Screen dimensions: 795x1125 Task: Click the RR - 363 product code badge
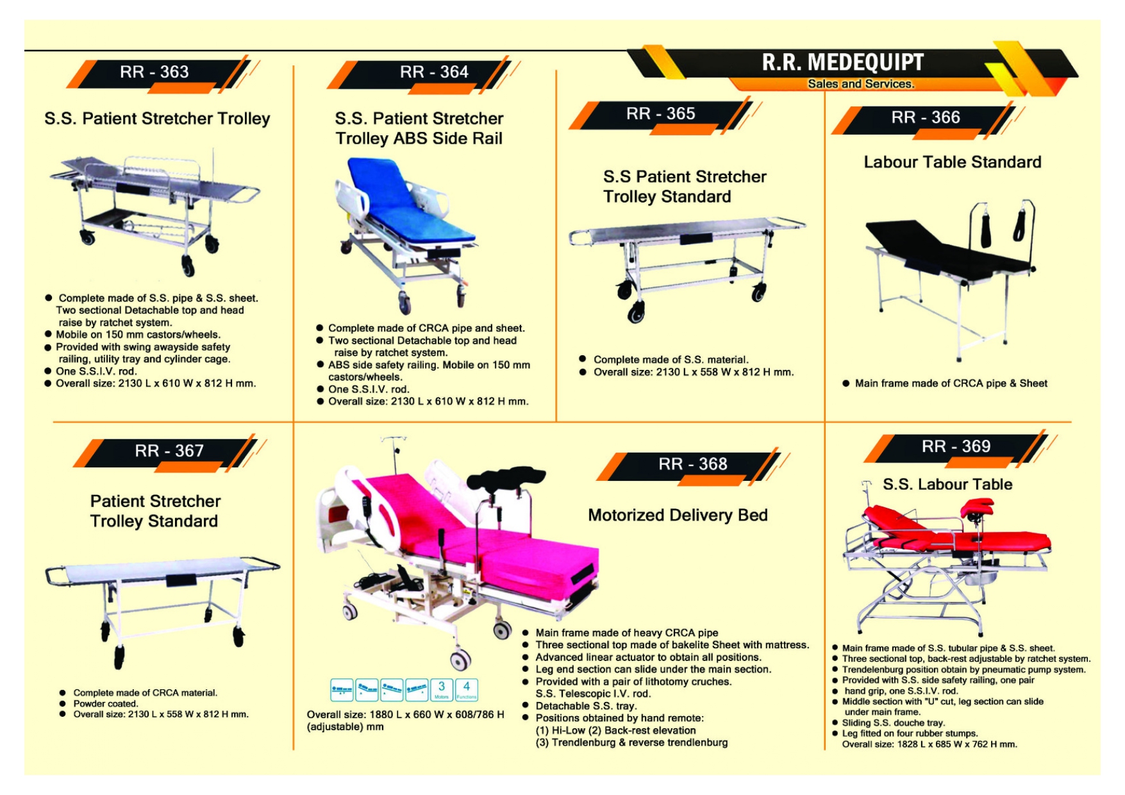tap(154, 72)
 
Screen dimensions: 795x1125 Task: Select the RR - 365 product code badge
tap(660, 113)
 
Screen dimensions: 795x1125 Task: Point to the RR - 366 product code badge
tap(925, 117)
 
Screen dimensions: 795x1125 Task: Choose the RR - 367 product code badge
tap(169, 451)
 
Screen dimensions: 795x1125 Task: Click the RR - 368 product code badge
tap(692, 464)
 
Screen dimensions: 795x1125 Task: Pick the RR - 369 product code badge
tap(956, 446)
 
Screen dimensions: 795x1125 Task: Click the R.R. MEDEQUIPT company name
tap(842, 62)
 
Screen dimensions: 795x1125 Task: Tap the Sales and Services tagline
tap(860, 84)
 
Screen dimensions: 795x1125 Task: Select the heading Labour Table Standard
tap(952, 162)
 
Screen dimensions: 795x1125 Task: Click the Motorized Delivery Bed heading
tap(678, 515)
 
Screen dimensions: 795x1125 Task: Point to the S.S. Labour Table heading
tap(947, 485)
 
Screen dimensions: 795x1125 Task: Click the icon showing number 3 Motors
tap(442, 690)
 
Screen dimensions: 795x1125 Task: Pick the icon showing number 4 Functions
tap(466, 690)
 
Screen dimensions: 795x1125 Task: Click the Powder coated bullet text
tap(105, 703)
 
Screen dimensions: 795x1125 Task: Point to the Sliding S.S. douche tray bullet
tap(893, 723)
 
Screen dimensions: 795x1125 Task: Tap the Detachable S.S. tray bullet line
tap(586, 706)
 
